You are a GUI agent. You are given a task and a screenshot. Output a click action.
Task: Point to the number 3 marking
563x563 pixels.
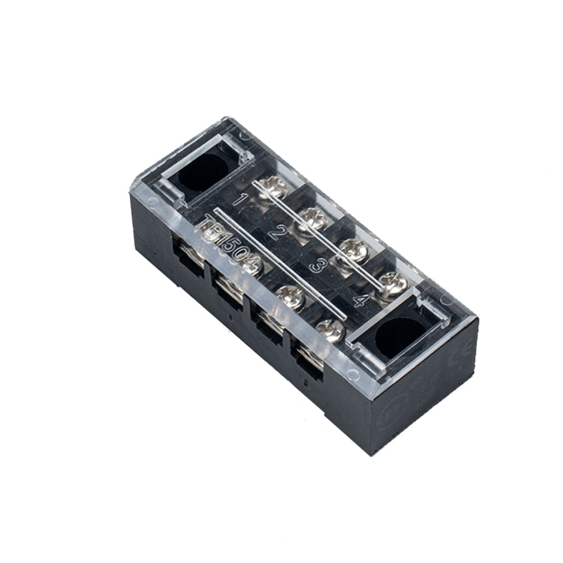(x=316, y=266)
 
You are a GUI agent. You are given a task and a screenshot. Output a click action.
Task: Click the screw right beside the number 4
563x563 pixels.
(x=391, y=283)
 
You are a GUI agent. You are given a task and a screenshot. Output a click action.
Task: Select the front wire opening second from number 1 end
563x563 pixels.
(x=226, y=288)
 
